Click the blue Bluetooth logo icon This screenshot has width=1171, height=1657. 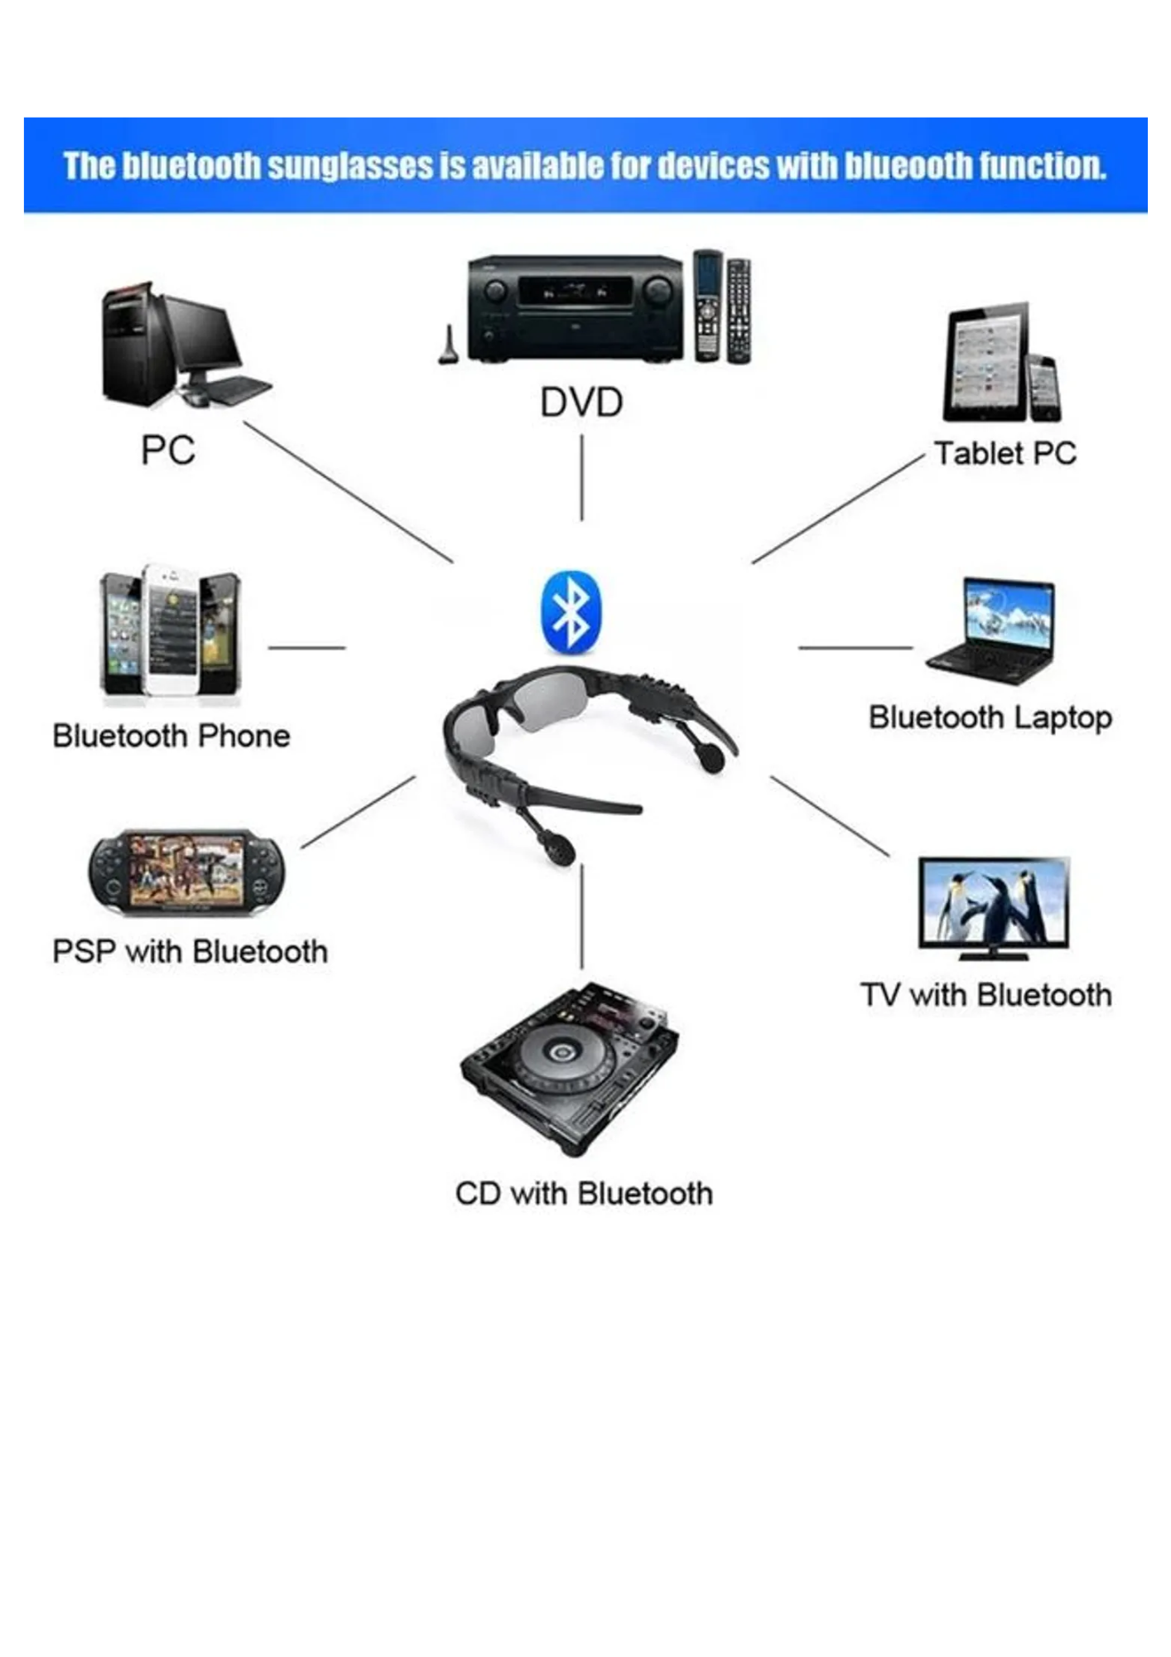(x=571, y=611)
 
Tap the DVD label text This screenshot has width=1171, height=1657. (x=581, y=403)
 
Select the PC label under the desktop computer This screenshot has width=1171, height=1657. (x=168, y=450)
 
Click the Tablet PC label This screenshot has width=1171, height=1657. (x=1005, y=453)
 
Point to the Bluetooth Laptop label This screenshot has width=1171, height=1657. (x=990, y=717)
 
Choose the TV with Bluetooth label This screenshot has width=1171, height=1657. (x=985, y=995)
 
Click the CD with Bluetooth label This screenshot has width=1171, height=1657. (x=584, y=1194)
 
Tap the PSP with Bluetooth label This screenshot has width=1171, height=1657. (x=190, y=951)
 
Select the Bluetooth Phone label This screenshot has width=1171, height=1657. (x=171, y=736)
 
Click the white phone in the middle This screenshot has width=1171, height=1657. (x=171, y=630)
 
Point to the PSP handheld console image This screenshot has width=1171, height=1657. (x=186, y=872)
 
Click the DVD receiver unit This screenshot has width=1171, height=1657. (x=576, y=308)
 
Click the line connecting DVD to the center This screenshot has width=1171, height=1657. (x=581, y=477)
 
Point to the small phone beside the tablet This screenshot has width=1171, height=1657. (x=1043, y=387)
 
